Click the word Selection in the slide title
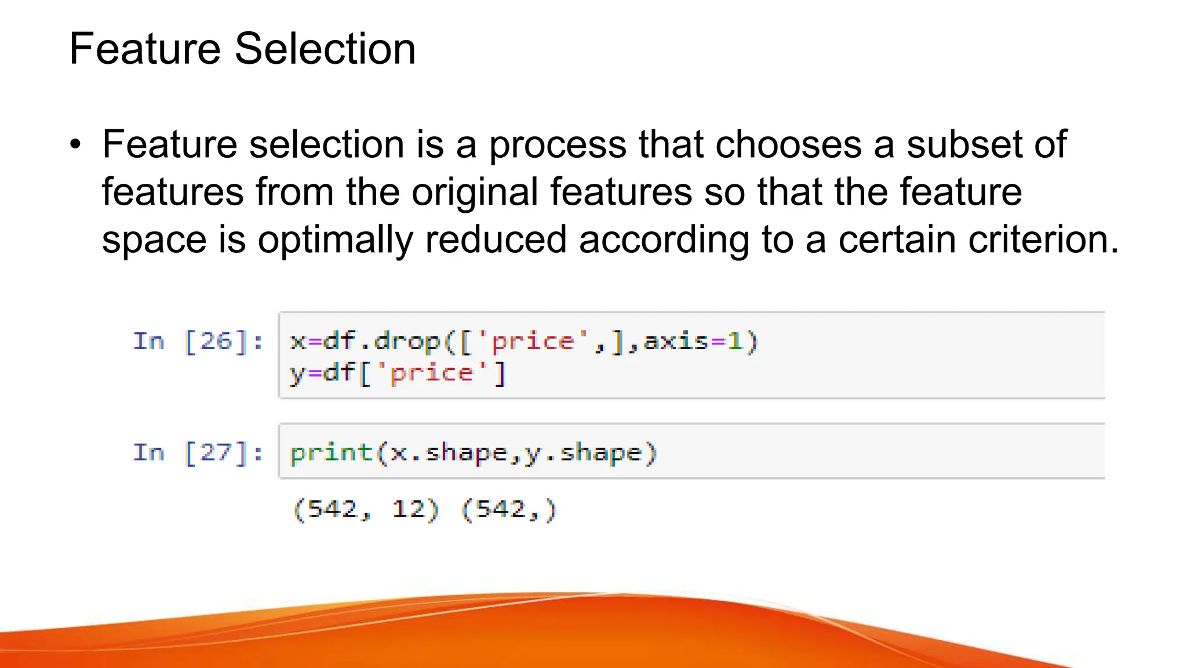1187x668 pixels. [325, 49]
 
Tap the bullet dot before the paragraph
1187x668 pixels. [75, 145]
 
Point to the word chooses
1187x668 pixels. [789, 145]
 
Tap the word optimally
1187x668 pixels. [335, 240]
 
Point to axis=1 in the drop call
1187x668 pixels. [693, 342]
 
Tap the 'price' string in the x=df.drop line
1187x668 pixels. [532, 342]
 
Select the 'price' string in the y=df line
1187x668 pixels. [432, 373]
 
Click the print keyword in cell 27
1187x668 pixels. [331, 452]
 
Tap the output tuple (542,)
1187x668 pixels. [509, 510]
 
